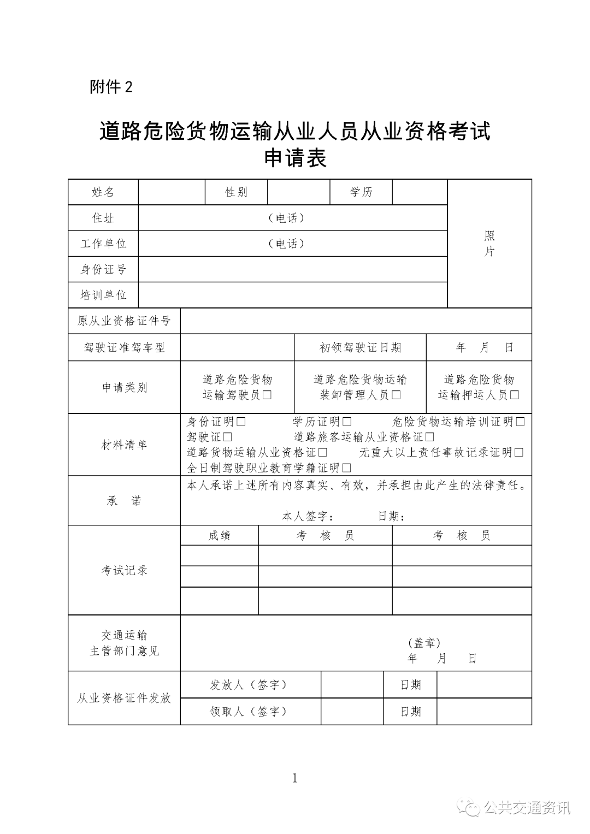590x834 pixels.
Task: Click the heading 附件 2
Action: tap(111, 87)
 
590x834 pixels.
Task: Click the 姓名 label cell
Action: tap(103, 192)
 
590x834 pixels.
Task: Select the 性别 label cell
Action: tap(236, 192)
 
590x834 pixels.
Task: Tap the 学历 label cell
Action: tap(361, 192)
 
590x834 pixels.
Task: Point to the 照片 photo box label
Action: tap(489, 244)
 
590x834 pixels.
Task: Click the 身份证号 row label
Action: tap(103, 269)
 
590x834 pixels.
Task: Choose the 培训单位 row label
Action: tap(103, 295)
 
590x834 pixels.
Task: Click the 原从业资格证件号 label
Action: tap(124, 321)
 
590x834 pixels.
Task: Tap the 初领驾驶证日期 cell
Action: tap(360, 347)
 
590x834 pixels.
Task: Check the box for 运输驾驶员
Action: tap(267, 395)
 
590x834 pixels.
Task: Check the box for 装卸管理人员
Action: tap(397, 395)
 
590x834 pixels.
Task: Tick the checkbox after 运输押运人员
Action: tap(514, 395)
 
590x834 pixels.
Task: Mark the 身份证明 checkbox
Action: tap(241, 422)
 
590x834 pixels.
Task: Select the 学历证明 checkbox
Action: tap(347, 422)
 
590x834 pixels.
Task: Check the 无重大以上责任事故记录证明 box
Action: tap(519, 452)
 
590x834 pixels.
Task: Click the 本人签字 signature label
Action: tap(308, 516)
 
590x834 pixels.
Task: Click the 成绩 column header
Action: tap(219, 536)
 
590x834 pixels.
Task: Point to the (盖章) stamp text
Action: tap(424, 643)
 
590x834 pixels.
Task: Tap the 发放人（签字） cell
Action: tap(249, 685)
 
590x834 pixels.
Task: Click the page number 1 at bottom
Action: tap(295, 778)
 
